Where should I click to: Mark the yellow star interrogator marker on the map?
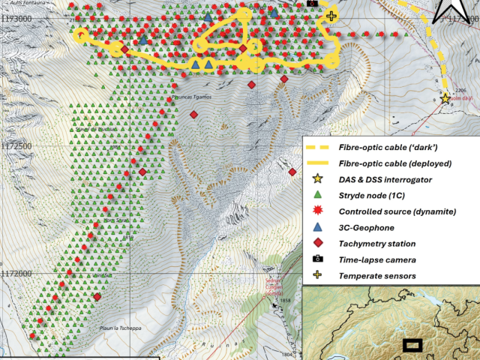tap(445, 98)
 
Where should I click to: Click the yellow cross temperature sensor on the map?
tap(331, 15)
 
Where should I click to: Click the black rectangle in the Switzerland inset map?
tap(412, 345)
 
